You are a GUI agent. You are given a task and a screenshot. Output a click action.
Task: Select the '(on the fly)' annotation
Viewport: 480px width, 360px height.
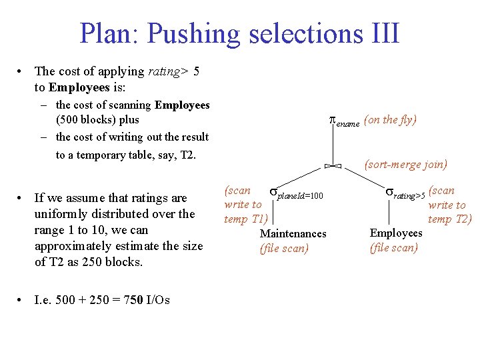click(x=391, y=120)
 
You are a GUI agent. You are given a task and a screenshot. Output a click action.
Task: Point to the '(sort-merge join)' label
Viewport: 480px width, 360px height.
click(x=406, y=164)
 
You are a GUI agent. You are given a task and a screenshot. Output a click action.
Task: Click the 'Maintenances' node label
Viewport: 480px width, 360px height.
click(x=293, y=233)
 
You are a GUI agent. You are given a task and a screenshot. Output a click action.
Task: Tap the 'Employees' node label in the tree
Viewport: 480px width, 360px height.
click(x=396, y=233)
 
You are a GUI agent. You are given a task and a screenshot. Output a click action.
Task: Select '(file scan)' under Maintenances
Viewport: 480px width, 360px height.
click(x=284, y=249)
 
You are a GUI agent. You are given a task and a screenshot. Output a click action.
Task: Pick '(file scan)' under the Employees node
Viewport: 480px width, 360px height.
click(x=394, y=248)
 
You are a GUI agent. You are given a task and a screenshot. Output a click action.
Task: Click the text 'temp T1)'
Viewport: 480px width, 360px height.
click(x=246, y=219)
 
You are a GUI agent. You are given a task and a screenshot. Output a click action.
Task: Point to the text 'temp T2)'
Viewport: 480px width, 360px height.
click(x=450, y=219)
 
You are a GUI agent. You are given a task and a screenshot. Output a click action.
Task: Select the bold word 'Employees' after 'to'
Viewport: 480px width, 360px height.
click(x=83, y=87)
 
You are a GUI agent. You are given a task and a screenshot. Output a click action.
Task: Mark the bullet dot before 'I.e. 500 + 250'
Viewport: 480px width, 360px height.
click(x=22, y=300)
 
